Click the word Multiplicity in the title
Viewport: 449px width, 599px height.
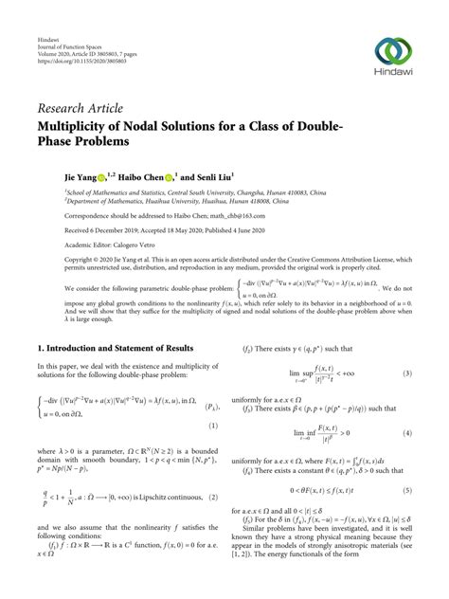pyautogui.click(x=81, y=124)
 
